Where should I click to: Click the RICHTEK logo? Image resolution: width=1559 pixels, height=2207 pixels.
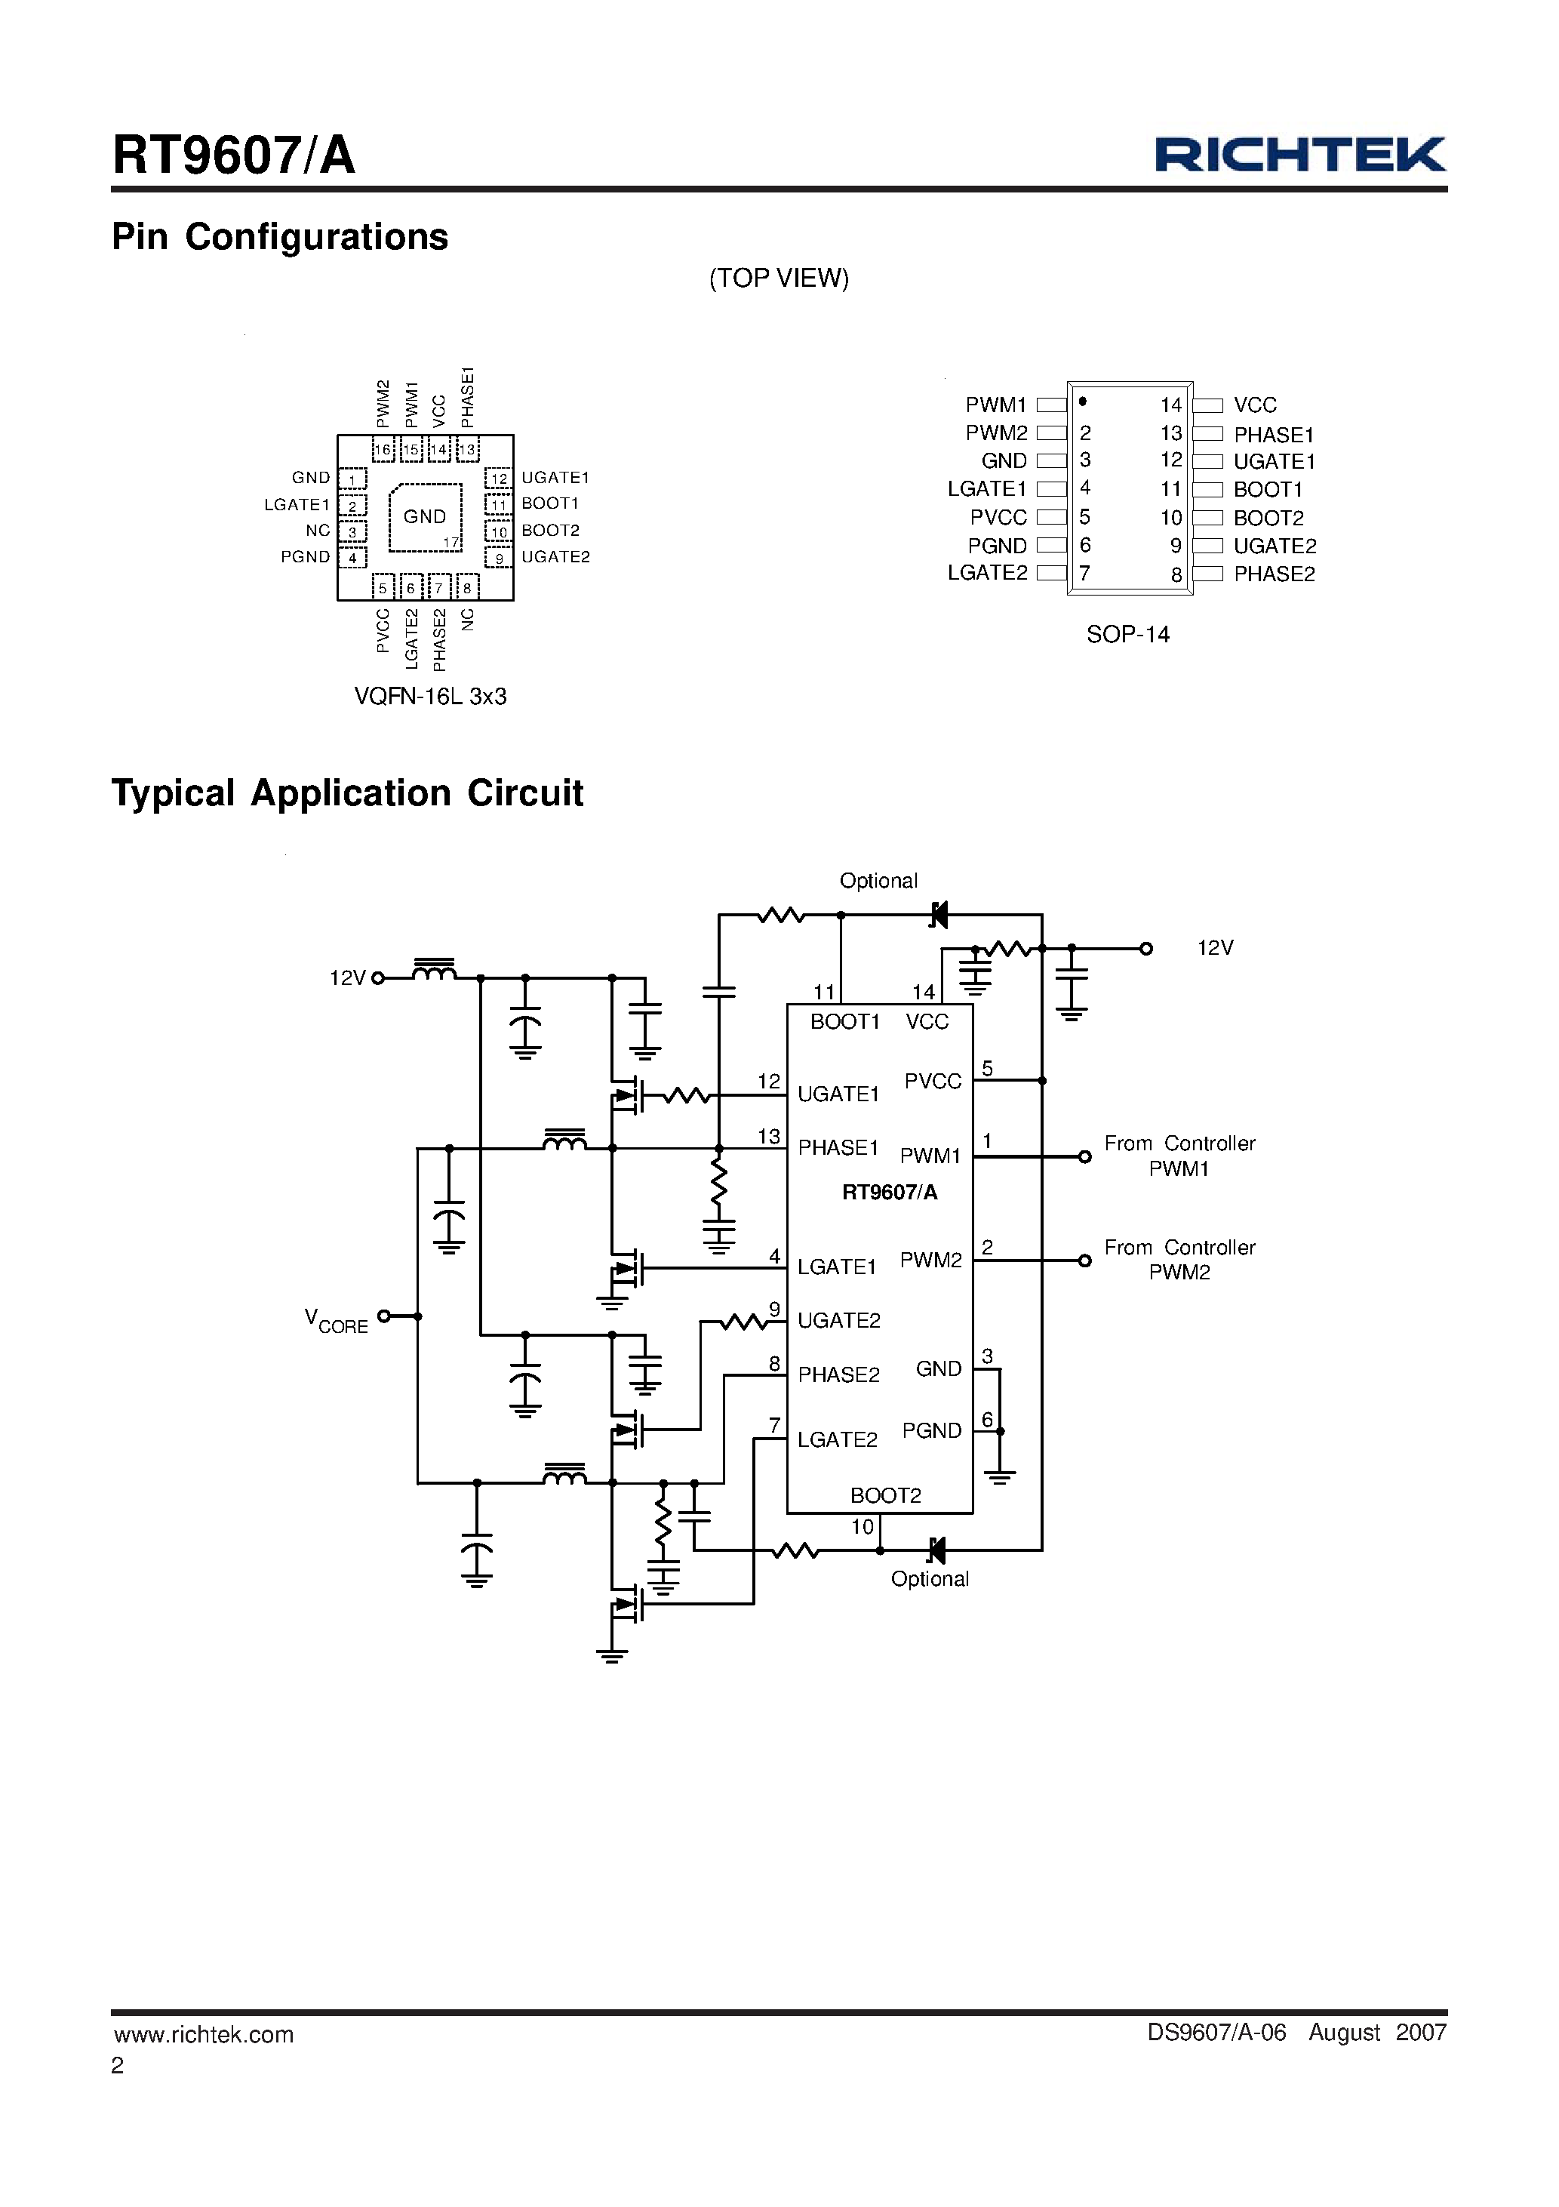coord(1299,154)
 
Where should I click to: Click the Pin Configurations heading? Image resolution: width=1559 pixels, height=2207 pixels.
coord(280,236)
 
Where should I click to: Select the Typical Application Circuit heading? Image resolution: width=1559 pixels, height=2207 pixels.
coord(347,793)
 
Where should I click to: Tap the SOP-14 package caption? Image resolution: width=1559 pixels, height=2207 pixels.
coord(1127,635)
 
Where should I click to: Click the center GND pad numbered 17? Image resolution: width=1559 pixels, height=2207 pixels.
coord(425,517)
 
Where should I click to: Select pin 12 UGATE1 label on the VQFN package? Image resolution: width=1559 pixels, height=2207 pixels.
coord(555,478)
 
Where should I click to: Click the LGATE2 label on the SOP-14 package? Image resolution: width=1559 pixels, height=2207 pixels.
coord(987,573)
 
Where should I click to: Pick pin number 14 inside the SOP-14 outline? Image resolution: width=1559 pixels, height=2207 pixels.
coord(1170,405)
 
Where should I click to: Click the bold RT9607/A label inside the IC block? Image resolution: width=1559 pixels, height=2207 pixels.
coord(889,1193)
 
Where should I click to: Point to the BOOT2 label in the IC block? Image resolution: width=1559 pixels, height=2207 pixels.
coord(885,1496)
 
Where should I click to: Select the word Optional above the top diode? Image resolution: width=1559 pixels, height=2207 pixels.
coord(878,881)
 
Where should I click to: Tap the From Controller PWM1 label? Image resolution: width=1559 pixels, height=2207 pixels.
coord(1179,1156)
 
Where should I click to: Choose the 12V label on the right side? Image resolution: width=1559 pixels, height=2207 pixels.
coord(1215,948)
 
